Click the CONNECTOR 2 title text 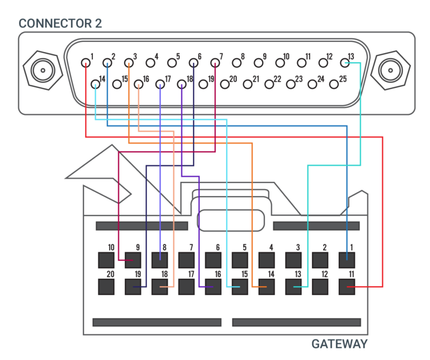tap(60, 24)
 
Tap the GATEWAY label tap(339, 344)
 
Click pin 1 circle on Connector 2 tap(86, 63)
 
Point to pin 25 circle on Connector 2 tap(334, 84)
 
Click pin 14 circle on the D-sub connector tap(96, 85)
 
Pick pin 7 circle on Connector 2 tap(215, 63)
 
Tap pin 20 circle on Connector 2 tap(225, 84)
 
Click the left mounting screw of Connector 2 tap(41, 71)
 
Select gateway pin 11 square tap(347, 287)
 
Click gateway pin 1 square tap(347, 260)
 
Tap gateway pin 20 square tap(106, 287)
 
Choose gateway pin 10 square tap(106, 260)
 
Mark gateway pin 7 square tap(186, 260)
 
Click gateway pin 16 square tap(213, 287)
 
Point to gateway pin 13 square tap(294, 287)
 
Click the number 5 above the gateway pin tap(245, 247)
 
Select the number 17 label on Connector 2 tap(168, 79)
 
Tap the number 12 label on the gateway tap(324, 274)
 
